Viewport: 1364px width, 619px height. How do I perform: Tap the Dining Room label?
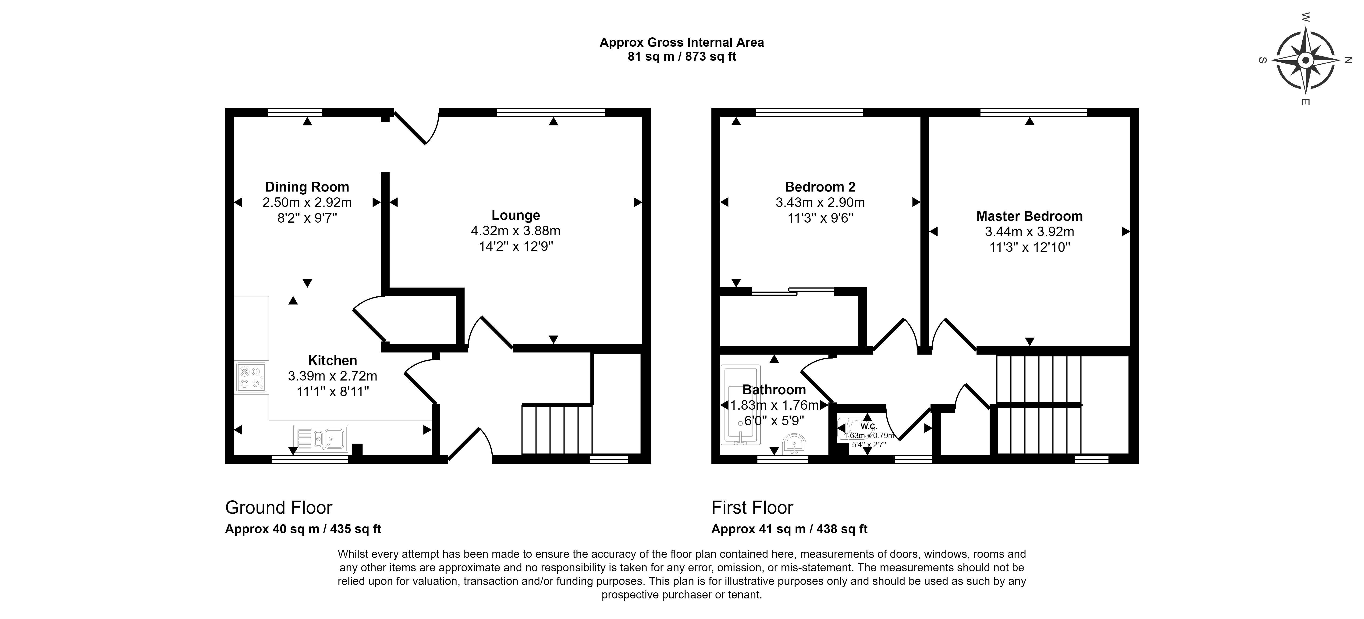pyautogui.click(x=307, y=187)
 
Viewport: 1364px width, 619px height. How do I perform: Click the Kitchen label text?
pyautogui.click(x=333, y=361)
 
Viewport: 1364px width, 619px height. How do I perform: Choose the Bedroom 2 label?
pyautogui.click(x=820, y=187)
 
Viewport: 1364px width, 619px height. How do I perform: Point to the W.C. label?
pyautogui.click(x=869, y=426)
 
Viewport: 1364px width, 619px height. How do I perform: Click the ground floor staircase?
pyautogui.click(x=557, y=429)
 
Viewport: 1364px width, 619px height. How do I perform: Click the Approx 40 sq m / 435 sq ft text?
pyautogui.click(x=303, y=529)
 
